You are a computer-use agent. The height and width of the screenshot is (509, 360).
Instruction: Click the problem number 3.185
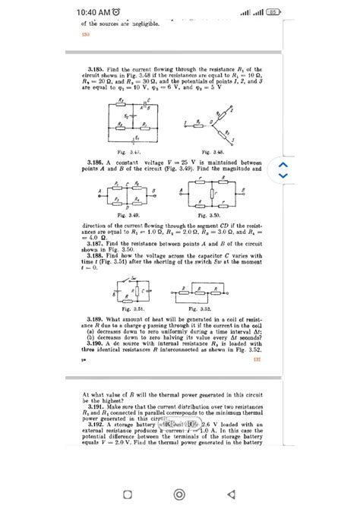(x=96, y=68)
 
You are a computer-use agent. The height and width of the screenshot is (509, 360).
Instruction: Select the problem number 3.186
(x=96, y=163)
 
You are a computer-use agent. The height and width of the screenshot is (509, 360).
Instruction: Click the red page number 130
(x=85, y=34)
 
